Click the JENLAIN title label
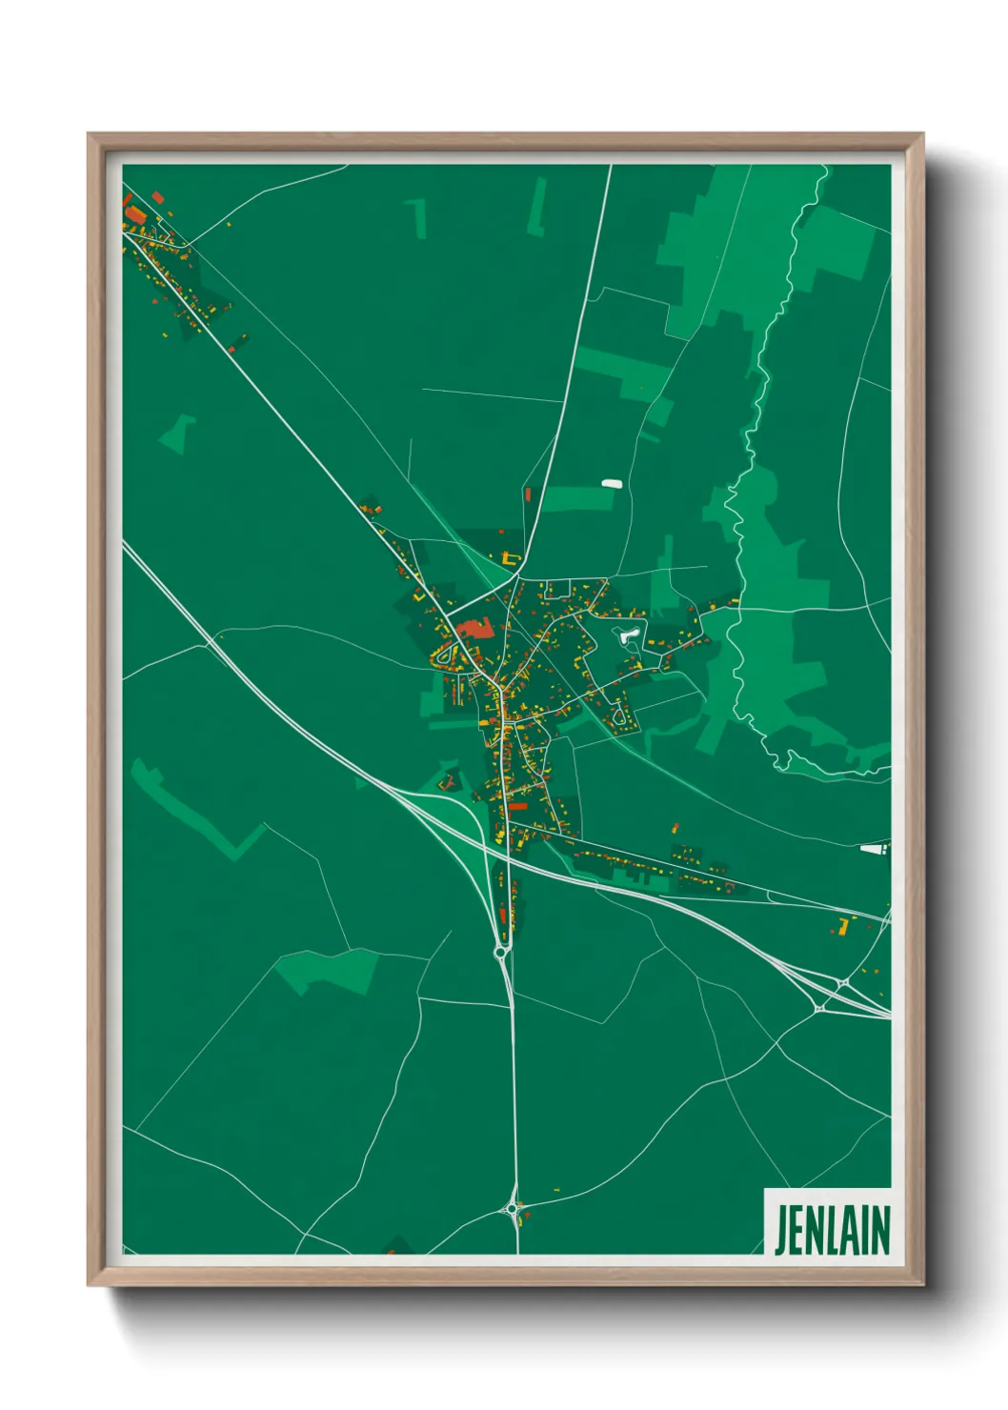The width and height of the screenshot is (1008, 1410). tap(830, 1229)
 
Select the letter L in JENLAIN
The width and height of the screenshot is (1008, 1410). tap(834, 1230)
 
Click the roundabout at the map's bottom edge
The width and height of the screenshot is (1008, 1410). tap(514, 1209)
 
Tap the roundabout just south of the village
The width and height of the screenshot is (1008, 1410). tap(501, 951)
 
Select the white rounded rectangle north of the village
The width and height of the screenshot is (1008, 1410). tap(612, 483)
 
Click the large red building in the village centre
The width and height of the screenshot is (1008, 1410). tap(475, 628)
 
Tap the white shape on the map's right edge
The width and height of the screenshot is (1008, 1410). tap(874, 847)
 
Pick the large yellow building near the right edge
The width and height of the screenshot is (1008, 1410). tap(843, 923)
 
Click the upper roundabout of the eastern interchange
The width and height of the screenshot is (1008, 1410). tap(844, 982)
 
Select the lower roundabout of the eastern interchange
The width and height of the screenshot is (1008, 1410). tap(820, 1007)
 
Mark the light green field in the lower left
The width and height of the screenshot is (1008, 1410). tap(329, 970)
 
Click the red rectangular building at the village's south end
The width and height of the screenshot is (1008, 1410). tap(517, 806)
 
